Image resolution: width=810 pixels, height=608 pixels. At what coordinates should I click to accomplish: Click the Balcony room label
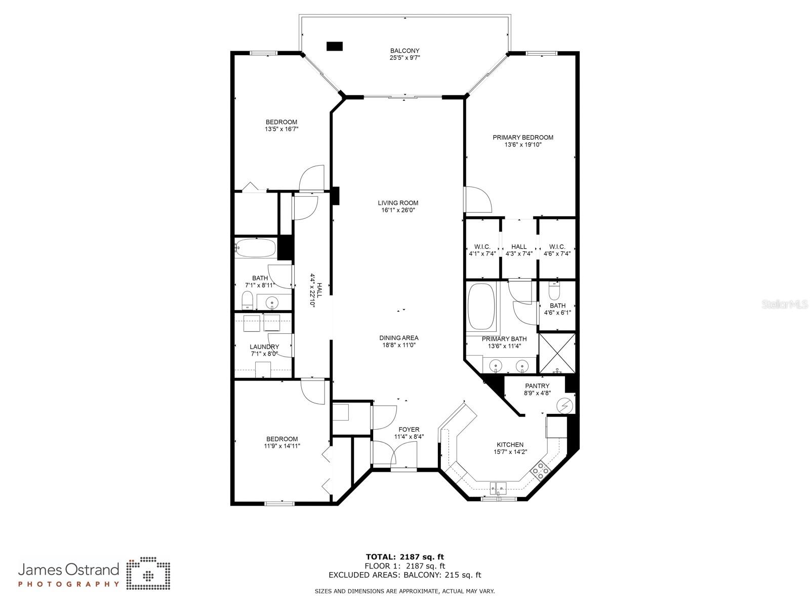tap(405, 51)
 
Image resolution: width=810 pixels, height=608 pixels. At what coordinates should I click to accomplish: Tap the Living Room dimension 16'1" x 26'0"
tap(398, 210)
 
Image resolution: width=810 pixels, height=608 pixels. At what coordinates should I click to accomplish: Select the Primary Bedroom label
tap(523, 137)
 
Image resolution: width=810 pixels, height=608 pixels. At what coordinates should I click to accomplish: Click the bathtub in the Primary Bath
tap(481, 306)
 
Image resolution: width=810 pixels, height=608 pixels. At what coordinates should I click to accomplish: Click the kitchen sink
tap(499, 488)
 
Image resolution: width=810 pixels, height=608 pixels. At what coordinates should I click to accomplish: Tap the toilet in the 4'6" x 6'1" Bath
tap(554, 291)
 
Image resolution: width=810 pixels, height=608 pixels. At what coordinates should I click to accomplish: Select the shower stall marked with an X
tap(557, 353)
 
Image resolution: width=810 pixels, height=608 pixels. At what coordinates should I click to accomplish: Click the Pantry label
tap(537, 386)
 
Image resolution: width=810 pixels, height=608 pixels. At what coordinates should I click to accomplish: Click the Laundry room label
tap(264, 347)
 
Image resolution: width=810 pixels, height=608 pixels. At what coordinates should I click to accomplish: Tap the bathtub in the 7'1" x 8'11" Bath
tap(255, 248)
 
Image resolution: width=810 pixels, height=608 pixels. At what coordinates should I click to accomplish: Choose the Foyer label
tap(409, 429)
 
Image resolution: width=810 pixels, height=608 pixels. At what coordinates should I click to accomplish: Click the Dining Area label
tap(399, 338)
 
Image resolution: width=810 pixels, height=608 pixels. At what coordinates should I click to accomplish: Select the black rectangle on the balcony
tap(335, 46)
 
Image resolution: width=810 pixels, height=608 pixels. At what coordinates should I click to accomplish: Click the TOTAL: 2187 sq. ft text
tap(405, 557)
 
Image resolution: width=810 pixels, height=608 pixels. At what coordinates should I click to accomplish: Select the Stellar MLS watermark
tap(785, 305)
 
